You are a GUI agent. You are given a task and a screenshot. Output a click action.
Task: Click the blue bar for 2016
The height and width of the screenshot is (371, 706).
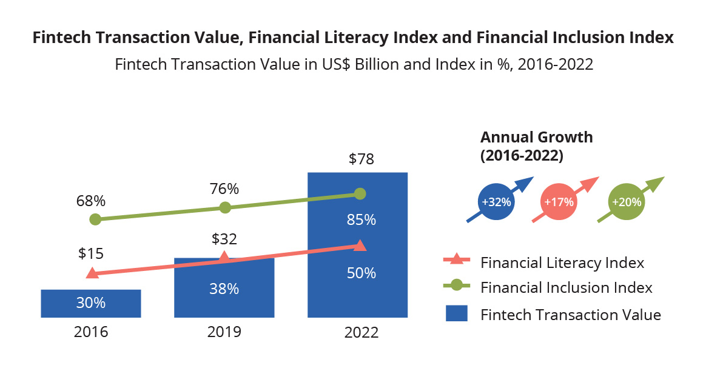tap(91, 303)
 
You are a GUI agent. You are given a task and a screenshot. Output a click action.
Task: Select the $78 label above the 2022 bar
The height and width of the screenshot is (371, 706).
tap(361, 159)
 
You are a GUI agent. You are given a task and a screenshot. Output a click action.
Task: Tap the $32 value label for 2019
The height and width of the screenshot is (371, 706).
tap(224, 239)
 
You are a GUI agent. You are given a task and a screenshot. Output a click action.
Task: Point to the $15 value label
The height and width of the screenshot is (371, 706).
tap(91, 253)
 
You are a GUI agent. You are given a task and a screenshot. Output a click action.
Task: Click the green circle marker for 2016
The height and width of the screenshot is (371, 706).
tap(95, 219)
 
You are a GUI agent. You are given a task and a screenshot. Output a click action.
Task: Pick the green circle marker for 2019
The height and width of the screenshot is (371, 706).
tap(225, 207)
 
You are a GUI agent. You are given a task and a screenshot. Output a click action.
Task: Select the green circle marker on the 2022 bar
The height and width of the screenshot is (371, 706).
tap(360, 193)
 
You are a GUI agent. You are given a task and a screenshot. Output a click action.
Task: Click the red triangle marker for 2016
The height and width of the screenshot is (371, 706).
tap(92, 273)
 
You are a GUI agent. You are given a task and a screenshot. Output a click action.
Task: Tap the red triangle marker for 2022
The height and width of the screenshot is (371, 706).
tap(360, 245)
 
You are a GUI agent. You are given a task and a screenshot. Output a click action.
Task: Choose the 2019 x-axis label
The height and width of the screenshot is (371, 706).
tap(224, 332)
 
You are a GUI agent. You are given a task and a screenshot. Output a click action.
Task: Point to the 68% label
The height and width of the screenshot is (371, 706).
tap(91, 200)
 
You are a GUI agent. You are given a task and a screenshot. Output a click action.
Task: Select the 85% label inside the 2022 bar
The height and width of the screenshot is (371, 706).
tap(361, 220)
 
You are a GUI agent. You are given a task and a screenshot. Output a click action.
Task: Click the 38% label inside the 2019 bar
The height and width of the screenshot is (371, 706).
tap(224, 289)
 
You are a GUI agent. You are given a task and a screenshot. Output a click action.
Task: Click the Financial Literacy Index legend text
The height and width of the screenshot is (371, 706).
tap(562, 263)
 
